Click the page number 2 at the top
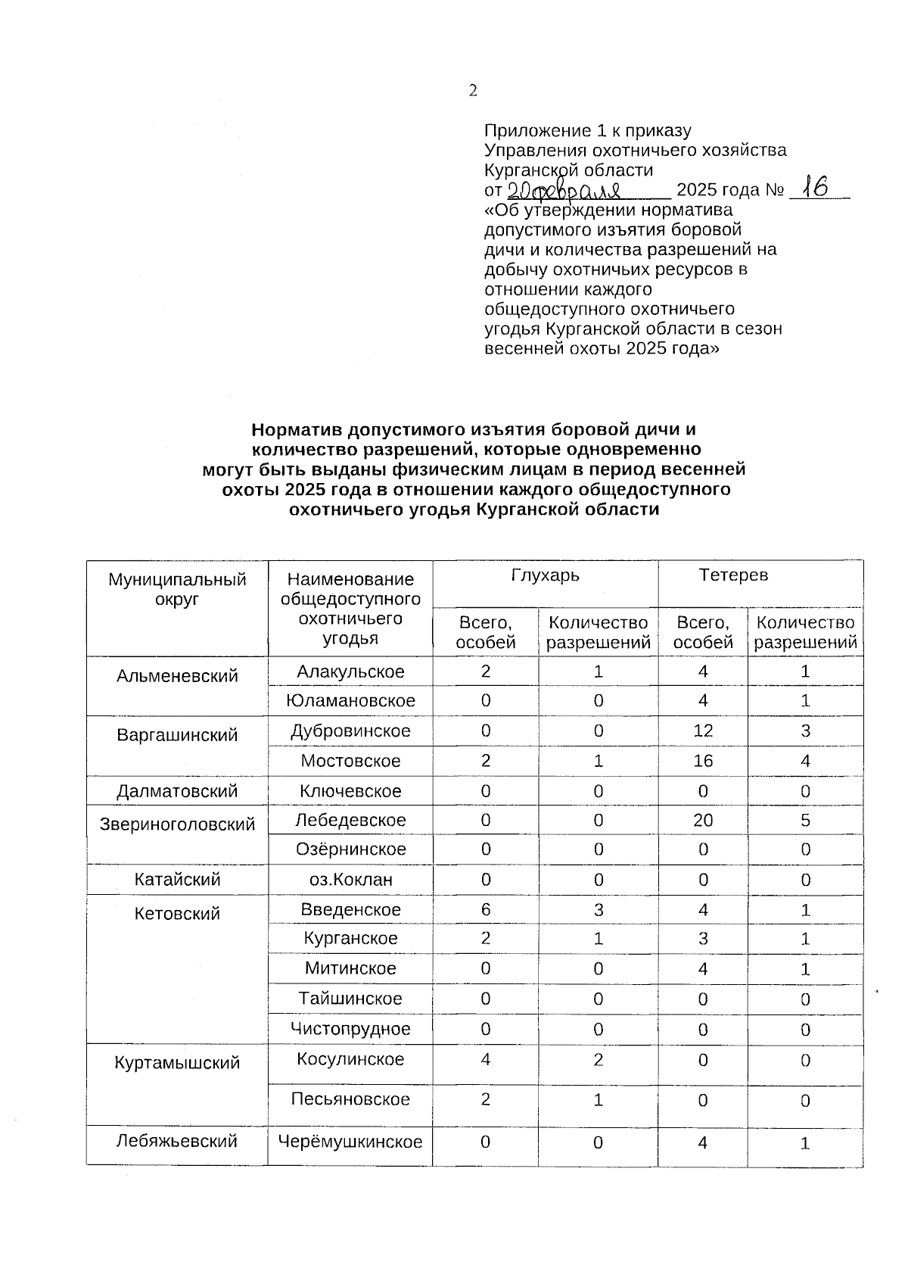pos(473,91)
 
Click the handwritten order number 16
pos(815,186)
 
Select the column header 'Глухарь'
pos(545,575)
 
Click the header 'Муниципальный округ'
pos(177,589)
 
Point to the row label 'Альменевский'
pos(177,676)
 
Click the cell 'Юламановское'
pos(350,701)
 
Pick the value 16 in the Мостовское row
pos(703,761)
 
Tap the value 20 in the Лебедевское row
pos(703,821)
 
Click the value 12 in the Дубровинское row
pos(703,731)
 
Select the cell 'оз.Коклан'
pos(350,880)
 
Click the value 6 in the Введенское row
pos(486,910)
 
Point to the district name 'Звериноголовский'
pos(177,824)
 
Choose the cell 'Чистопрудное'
pos(350,1029)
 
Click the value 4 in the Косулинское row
pos(486,1060)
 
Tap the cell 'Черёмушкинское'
pos(350,1142)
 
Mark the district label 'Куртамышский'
pos(177,1063)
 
